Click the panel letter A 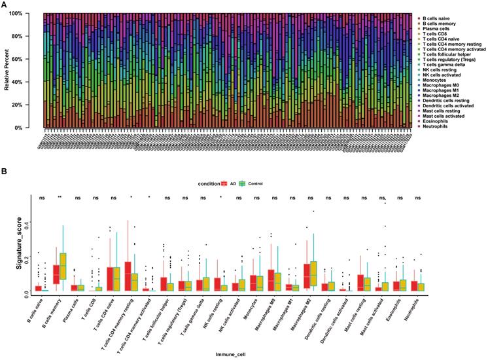[x=6, y=5]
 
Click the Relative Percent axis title [x=7, y=70]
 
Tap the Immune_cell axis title [x=232, y=355]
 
